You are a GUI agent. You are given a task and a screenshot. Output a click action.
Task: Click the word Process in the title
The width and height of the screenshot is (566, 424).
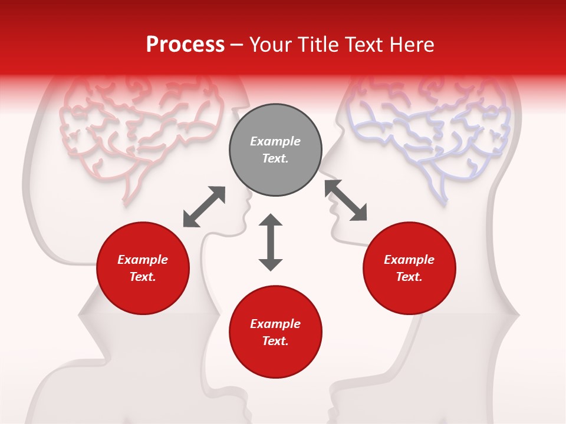click(185, 45)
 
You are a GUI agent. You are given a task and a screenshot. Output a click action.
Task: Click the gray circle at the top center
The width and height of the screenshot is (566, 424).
click(275, 150)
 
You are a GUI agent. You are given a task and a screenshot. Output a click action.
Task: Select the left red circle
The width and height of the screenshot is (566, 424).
click(143, 269)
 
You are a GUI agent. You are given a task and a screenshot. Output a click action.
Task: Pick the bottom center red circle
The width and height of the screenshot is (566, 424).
click(275, 332)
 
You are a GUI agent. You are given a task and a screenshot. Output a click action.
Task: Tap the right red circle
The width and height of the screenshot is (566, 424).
click(409, 269)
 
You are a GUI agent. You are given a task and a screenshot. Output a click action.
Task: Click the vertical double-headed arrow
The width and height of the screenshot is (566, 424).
click(271, 242)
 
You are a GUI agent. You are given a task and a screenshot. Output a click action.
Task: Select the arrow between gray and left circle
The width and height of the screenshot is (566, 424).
click(204, 207)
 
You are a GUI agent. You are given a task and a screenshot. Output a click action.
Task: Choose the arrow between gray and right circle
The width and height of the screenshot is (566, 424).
click(346, 201)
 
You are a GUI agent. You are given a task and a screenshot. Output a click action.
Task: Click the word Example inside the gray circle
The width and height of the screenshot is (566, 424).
click(275, 141)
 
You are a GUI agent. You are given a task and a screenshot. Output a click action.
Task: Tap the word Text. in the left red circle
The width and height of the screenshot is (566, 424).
click(143, 277)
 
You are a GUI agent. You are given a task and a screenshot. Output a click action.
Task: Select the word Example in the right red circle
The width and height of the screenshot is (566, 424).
click(409, 260)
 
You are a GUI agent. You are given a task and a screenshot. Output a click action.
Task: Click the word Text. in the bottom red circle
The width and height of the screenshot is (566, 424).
click(275, 341)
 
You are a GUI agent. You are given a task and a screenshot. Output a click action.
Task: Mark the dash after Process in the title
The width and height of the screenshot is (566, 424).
click(237, 45)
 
